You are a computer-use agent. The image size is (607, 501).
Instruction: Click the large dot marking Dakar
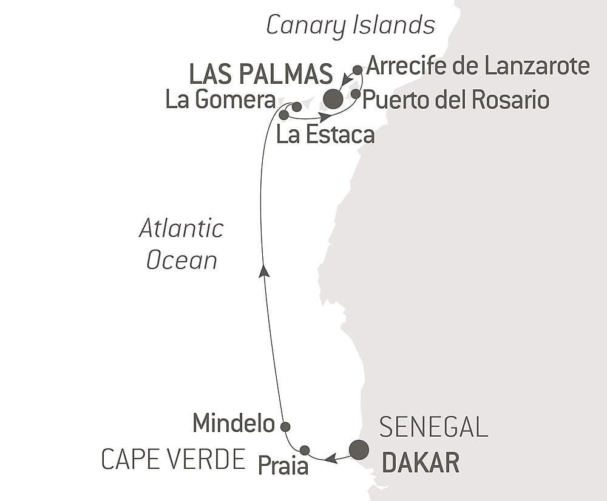point(359,449)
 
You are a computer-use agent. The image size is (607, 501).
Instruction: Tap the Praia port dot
point(305,450)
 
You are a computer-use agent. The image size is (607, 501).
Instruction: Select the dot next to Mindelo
point(285,426)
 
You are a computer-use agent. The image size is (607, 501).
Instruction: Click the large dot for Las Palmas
point(333,98)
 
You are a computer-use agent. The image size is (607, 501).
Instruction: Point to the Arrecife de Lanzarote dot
point(358,70)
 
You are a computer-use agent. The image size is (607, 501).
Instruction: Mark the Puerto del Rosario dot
point(356,94)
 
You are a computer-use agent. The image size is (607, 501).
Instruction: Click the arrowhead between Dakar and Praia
point(331,458)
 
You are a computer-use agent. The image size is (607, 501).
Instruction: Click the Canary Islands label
point(351,26)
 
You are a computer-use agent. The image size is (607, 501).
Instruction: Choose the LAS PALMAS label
point(261,74)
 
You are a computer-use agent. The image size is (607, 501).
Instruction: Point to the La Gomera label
point(220,100)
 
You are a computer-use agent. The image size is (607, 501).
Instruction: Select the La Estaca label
point(325,135)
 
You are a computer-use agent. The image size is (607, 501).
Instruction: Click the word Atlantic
point(181,229)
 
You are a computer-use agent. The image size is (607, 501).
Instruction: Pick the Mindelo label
point(233,424)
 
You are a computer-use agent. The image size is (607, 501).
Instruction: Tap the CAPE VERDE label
point(173,460)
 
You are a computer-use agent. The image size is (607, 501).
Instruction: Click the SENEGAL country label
point(433,428)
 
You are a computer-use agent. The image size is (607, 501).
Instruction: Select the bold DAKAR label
point(420,463)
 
